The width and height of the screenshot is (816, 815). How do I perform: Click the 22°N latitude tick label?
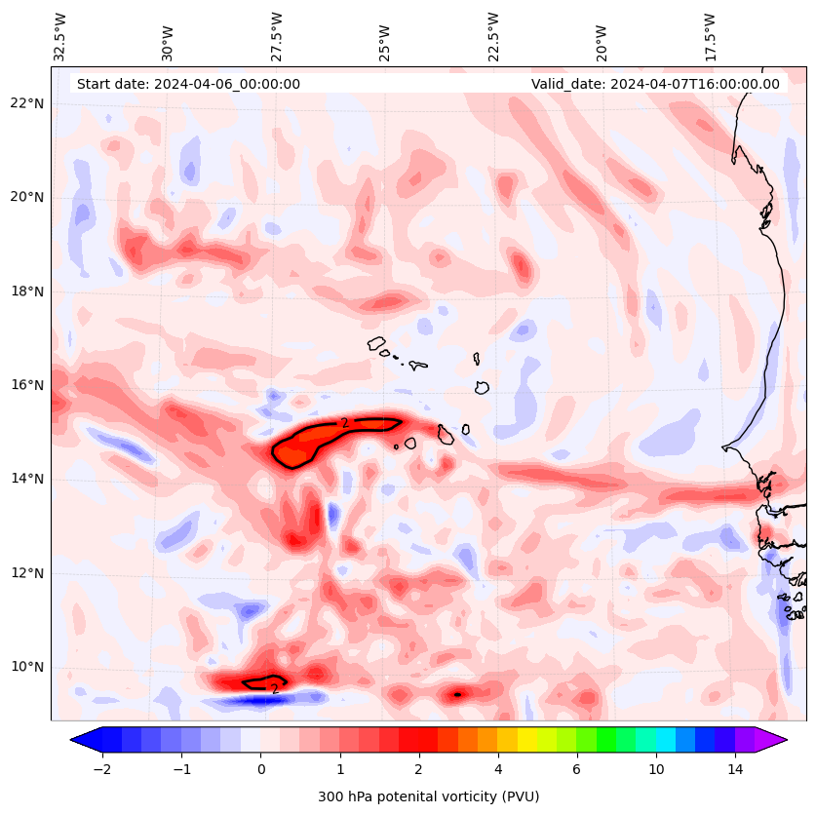point(26,103)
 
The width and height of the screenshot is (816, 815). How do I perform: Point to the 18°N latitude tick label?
point(26,291)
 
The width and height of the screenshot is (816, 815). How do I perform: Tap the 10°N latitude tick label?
point(26,668)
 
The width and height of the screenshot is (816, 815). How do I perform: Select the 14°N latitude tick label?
point(26,479)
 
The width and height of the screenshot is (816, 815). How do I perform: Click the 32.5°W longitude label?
point(60,36)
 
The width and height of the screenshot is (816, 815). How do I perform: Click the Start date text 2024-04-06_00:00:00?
point(188,84)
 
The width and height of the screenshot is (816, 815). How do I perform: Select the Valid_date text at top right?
point(655,84)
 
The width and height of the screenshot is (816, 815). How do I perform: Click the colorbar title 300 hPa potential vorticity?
point(428,796)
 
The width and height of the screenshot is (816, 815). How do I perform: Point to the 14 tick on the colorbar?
point(735,769)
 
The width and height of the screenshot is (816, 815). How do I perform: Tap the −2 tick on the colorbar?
point(101,769)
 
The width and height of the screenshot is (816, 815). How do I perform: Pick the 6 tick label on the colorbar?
point(576,769)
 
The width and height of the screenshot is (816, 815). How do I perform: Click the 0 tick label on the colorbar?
point(260,769)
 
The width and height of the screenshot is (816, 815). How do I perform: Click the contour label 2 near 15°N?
point(344,423)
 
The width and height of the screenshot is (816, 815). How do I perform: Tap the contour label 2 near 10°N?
point(275,689)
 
